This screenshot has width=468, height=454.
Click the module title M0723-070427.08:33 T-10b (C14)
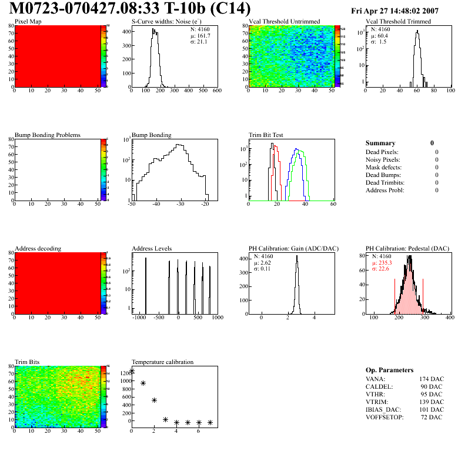[x=130, y=9]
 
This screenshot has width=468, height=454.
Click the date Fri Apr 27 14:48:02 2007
[x=403, y=11]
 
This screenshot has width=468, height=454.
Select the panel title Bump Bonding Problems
[x=48, y=135]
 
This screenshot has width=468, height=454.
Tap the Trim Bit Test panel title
[x=266, y=135]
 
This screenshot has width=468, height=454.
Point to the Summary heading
[x=380, y=143]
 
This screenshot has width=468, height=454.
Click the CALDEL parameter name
[x=380, y=386]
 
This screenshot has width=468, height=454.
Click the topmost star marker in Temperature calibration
[x=132, y=371]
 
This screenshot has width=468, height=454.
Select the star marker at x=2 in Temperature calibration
[x=155, y=400]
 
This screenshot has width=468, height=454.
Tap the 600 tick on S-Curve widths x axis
[x=217, y=91]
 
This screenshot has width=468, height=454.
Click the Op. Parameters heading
[x=390, y=370]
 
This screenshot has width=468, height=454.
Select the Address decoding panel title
[x=38, y=249]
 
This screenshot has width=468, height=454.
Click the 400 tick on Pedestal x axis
[x=450, y=318]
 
